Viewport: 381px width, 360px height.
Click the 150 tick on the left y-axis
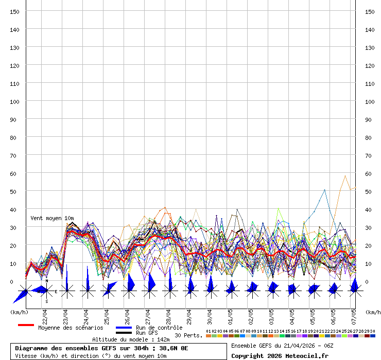click(15, 11)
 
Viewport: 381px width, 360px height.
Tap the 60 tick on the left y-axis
click(15, 173)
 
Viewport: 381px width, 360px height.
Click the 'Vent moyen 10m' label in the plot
click(52, 219)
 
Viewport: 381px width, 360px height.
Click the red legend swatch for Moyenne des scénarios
click(26, 326)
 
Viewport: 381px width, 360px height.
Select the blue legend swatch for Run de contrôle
click(124, 328)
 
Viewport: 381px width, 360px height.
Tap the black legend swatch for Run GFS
click(124, 333)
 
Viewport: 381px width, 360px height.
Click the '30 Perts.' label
click(188, 335)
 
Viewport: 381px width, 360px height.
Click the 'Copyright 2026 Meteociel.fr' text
click(280, 356)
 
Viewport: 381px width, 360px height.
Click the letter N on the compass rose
click(46, 281)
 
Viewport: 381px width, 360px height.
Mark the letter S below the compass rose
click(46, 301)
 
